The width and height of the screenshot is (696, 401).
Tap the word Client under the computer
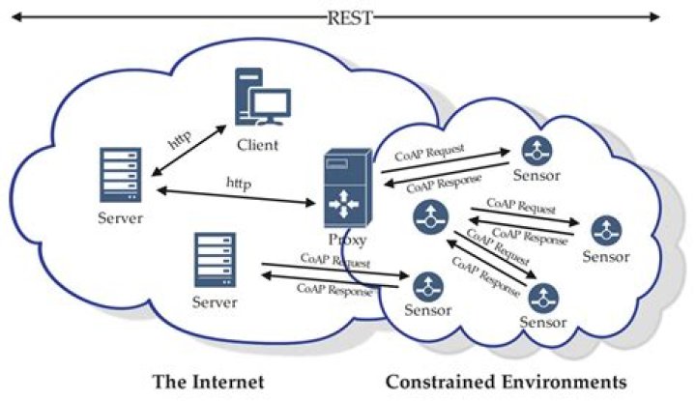click(x=257, y=145)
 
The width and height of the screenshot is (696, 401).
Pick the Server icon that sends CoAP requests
click(x=216, y=262)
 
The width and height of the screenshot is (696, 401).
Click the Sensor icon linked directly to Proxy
click(x=534, y=150)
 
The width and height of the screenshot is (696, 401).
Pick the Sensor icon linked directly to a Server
click(x=426, y=285)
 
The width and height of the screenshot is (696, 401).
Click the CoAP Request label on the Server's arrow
click(x=334, y=261)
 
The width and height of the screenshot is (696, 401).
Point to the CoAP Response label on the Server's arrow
click(x=334, y=288)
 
